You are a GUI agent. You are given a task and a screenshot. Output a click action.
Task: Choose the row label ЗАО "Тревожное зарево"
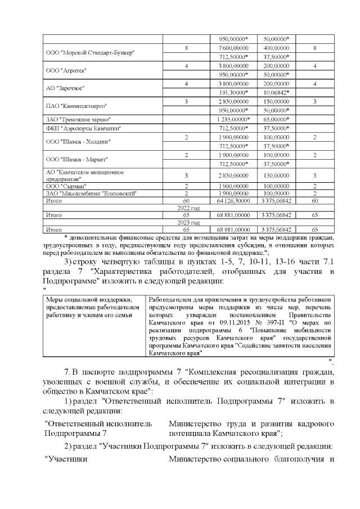78,119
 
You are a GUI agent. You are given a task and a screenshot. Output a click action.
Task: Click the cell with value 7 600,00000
233,48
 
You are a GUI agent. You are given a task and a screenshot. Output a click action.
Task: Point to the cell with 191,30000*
233,92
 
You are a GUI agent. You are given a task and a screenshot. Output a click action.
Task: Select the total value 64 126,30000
233,200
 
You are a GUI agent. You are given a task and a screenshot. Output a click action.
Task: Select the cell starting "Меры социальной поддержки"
94,308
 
